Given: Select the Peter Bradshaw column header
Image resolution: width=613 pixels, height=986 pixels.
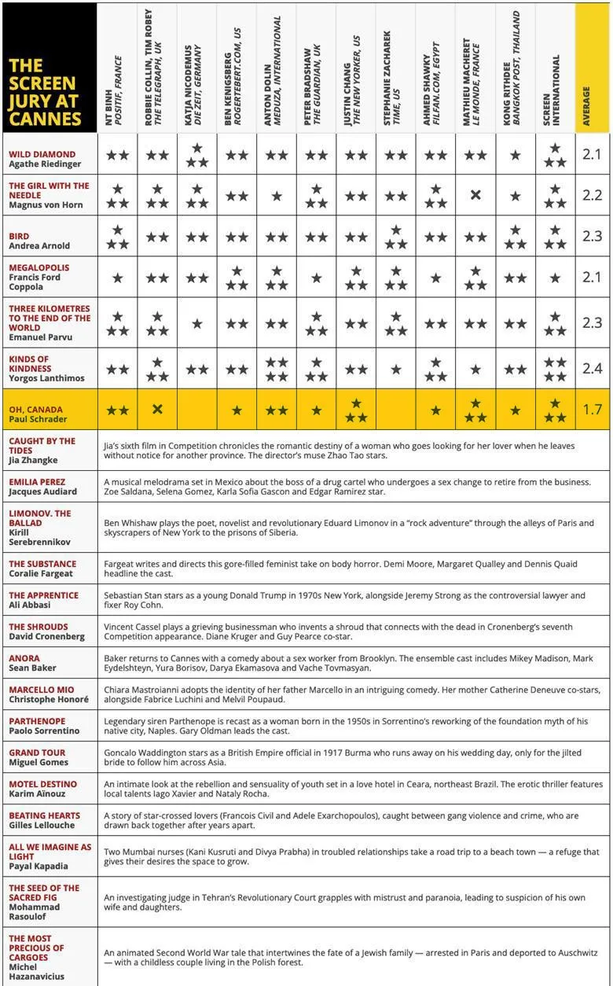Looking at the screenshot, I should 316,69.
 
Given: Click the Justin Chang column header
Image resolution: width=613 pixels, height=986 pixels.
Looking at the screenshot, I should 355,69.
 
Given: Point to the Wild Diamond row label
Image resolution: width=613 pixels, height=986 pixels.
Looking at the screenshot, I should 42,160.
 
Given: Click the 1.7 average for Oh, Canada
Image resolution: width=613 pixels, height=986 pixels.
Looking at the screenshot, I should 592,410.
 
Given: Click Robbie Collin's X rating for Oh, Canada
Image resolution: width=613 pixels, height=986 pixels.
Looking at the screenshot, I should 157,410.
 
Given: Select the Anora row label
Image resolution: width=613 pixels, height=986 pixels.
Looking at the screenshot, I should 25,658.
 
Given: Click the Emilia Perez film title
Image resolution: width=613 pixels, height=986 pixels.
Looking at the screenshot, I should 37,482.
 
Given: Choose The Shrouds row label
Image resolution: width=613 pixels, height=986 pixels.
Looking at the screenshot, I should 39,627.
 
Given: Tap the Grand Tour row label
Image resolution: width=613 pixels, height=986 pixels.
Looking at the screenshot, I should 36,752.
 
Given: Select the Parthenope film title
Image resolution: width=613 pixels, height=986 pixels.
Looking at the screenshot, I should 36,721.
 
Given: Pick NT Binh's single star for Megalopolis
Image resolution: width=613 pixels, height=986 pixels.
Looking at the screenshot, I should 118,278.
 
